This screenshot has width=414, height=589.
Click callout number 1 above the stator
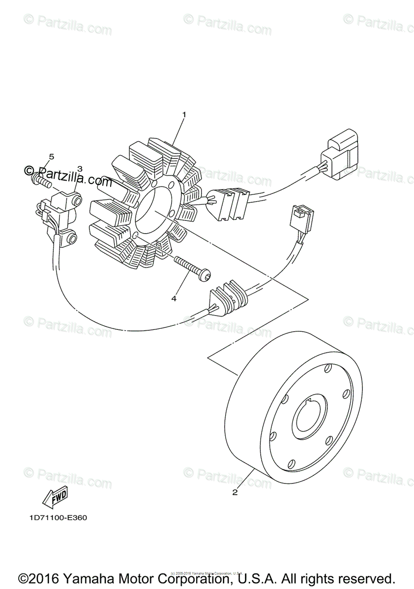[x=184, y=114]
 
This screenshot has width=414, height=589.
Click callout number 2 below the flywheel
[x=235, y=492]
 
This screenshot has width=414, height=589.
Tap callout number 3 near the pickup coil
[x=80, y=168]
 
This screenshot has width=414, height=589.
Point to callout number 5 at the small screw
[x=51, y=157]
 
